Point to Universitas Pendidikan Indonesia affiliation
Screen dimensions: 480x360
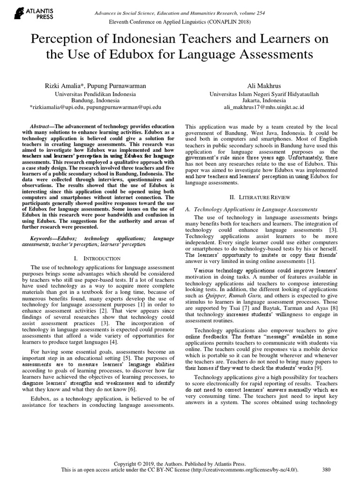tap(96, 94)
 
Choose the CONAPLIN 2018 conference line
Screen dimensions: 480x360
tap(180, 22)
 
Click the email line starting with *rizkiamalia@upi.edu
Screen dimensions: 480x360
tap(96, 107)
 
